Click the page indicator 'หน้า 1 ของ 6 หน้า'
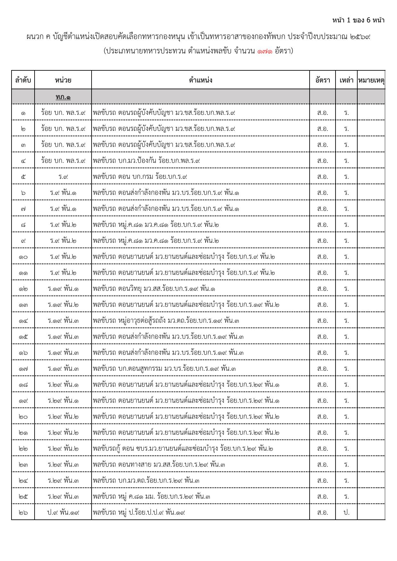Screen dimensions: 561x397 [358, 20]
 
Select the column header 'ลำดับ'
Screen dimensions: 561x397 [23, 80]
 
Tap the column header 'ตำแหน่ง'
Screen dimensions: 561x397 [200, 80]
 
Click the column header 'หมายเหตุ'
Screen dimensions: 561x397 [371, 80]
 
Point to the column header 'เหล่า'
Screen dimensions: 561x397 [346, 80]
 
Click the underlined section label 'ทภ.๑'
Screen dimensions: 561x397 [63, 97]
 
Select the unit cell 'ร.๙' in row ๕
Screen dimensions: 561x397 [63, 177]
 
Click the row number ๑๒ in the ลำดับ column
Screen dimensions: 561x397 [23, 288]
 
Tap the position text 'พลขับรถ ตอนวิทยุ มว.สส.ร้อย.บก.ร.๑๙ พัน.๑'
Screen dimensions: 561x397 [154, 288]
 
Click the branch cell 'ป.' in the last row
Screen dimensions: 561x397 [346, 512]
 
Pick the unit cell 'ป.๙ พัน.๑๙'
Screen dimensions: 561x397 [63, 512]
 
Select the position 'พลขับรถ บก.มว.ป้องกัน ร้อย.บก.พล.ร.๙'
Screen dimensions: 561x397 [146, 161]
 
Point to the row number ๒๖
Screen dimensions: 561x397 [23, 512]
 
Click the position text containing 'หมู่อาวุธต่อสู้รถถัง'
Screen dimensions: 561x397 [166, 320]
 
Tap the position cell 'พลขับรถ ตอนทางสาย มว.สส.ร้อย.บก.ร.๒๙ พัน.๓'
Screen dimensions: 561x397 [159, 464]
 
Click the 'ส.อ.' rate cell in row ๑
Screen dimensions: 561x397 [322, 113]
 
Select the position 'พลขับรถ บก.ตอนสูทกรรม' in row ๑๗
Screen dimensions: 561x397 [164, 368]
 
